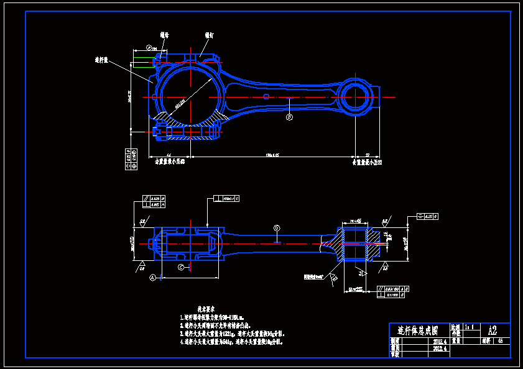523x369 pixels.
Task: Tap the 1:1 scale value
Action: pos(470,326)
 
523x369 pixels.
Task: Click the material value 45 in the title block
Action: pos(501,340)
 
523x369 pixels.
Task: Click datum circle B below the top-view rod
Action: pos(289,116)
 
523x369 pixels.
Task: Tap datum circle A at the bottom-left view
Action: pos(152,279)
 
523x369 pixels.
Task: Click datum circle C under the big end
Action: pos(181,267)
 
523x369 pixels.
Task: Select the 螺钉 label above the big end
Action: pos(209,35)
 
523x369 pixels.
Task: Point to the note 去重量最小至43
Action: pos(170,161)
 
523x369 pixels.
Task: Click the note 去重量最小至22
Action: pos(367,161)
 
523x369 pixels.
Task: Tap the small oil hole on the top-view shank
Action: pos(266,96)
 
